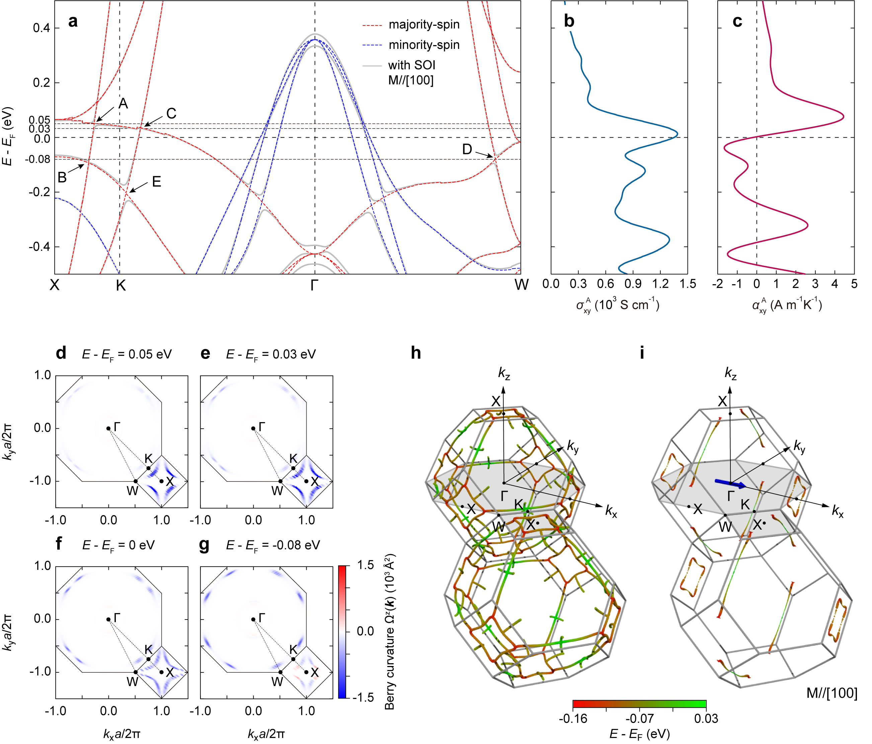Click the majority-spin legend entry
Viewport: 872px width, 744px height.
[423, 24]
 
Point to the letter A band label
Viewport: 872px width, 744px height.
[123, 103]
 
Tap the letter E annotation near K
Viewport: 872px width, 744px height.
[156, 182]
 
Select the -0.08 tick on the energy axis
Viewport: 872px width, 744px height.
[37, 159]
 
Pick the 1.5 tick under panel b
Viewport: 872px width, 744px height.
[687, 284]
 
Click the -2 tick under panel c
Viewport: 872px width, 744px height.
[718, 284]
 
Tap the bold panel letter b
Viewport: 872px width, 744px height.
[569, 21]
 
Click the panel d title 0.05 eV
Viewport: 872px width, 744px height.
[127, 355]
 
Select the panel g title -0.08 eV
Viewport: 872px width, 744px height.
[273, 545]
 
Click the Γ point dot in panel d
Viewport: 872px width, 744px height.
[108, 429]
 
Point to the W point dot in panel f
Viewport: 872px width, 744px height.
[136, 672]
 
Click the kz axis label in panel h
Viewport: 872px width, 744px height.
[504, 373]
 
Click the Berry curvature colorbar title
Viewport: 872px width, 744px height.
[390, 631]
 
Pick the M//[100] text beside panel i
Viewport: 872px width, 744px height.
[831, 693]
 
